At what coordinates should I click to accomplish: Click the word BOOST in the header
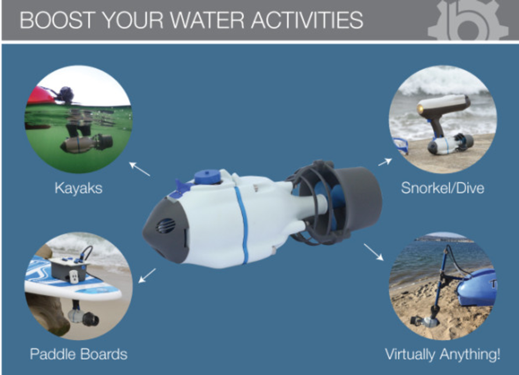[57, 20]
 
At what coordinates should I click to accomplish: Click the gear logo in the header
[468, 20]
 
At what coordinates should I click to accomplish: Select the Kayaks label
[79, 188]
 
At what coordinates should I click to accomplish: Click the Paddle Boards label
[79, 354]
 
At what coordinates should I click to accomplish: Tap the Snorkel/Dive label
[443, 188]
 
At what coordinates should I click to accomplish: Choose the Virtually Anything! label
[443, 354]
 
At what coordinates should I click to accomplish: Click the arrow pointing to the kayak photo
[139, 169]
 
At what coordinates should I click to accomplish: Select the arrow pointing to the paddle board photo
[147, 275]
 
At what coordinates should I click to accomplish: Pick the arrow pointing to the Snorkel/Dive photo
[385, 162]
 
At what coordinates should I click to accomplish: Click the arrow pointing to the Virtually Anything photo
[374, 252]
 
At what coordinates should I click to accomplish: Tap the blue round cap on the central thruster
[207, 177]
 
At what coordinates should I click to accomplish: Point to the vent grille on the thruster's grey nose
[165, 226]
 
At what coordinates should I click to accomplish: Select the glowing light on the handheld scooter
[421, 108]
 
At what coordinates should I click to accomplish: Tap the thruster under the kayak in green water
[87, 143]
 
